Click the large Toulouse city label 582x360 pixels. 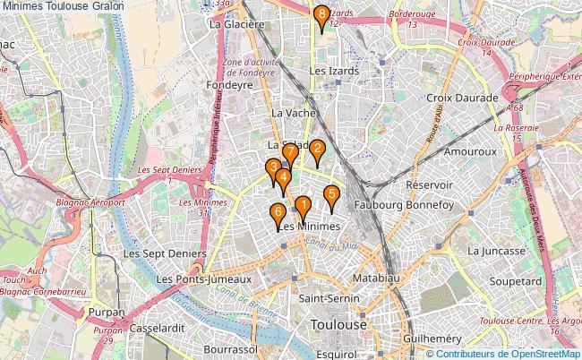[338, 323]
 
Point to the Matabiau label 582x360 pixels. [373, 279]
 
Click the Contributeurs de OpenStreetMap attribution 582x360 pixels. [510, 353]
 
